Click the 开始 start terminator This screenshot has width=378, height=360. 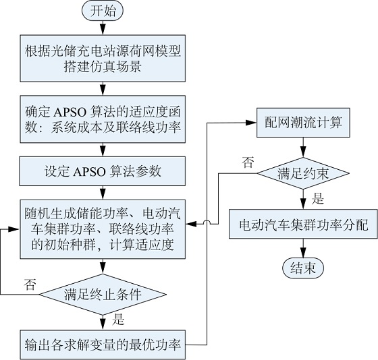[103, 11]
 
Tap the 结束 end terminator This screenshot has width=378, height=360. [303, 268]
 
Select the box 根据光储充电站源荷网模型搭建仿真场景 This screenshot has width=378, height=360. [103, 58]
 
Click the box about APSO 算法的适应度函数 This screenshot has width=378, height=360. [103, 119]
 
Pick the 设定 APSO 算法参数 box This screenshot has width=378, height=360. [103, 171]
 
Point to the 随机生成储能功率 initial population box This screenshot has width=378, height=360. [103, 229]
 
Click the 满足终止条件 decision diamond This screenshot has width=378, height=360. [103, 294]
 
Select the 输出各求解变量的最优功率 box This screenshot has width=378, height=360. [103, 344]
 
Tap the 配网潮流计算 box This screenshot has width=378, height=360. [303, 123]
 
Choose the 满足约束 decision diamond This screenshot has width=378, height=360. [303, 173]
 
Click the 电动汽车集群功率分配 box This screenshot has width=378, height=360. [303, 224]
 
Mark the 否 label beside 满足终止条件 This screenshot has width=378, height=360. [30, 284]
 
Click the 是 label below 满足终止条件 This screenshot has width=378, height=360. [118, 320]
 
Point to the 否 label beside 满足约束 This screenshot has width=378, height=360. [248, 162]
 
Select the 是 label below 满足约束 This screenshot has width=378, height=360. [318, 199]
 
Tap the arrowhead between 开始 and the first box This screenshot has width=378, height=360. [103, 30]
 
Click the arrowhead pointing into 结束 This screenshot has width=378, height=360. [303, 253]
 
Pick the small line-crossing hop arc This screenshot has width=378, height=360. [207, 222]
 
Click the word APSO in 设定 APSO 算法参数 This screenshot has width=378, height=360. [89, 172]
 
